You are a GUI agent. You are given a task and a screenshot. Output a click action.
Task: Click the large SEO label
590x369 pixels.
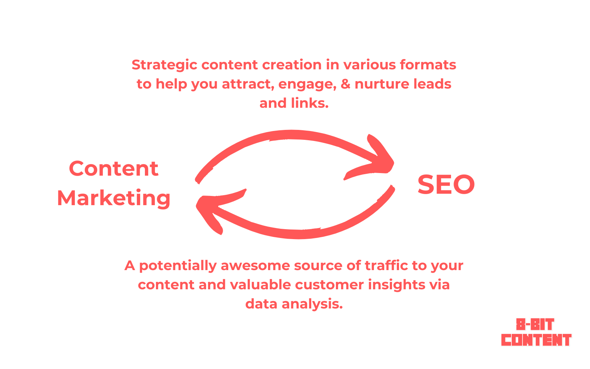click(446, 184)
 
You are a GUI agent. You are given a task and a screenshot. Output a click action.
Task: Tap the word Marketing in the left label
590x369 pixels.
click(114, 198)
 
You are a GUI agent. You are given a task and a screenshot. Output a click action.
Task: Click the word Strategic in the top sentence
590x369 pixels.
click(164, 65)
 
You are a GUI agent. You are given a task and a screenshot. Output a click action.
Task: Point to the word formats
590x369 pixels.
click(428, 65)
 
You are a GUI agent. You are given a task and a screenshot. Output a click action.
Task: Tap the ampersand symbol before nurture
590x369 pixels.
click(346, 84)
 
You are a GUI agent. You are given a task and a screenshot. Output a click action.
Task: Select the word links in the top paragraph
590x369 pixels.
click(310, 103)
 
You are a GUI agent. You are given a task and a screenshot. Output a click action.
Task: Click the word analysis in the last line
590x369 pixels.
click(312, 304)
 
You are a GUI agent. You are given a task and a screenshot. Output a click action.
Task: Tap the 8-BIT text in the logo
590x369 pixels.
click(535, 324)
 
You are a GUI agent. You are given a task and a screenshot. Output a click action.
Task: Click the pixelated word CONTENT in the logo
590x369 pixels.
click(536, 340)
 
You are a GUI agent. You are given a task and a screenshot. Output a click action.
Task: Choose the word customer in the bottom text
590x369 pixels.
click(329, 285)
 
